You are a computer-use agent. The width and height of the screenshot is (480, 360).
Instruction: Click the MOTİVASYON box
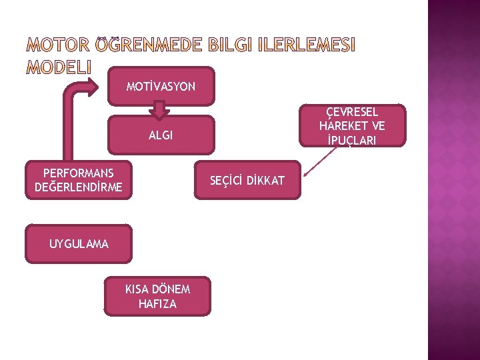coord(161,87)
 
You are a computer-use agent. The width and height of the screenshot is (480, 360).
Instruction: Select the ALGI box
coord(161,135)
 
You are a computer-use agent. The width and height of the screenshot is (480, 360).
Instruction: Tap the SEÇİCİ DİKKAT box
coord(247,180)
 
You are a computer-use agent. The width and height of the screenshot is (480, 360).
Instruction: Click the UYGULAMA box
coord(79,244)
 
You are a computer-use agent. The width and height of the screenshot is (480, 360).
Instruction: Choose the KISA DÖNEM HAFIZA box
coord(157,296)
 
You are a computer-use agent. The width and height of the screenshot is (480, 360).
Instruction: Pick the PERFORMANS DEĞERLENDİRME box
coord(79,180)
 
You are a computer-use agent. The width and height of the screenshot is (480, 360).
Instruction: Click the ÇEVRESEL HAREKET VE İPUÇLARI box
coord(352,125)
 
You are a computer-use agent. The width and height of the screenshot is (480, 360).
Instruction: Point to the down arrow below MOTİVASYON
coord(159,109)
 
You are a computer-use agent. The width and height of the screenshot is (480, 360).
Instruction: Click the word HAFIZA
coord(157,304)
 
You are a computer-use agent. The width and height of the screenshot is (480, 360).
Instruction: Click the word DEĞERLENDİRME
coord(79,187)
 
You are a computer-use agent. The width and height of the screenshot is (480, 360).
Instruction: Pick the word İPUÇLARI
coord(352,140)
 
